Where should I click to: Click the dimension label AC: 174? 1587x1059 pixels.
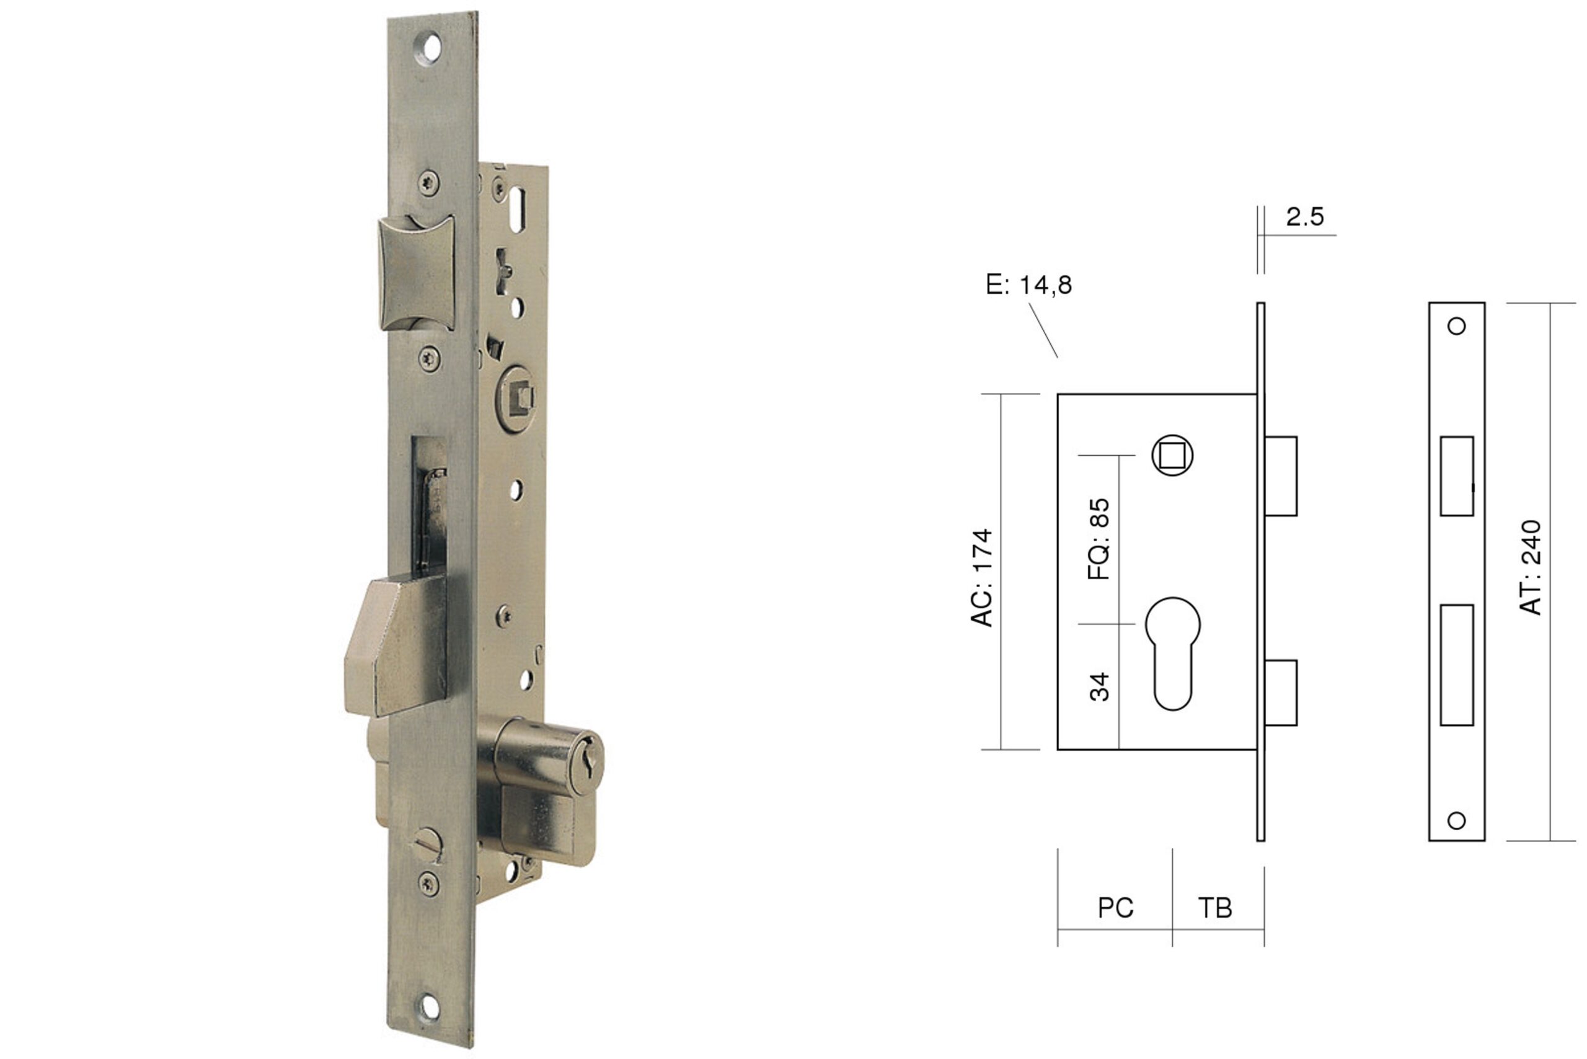click(981, 578)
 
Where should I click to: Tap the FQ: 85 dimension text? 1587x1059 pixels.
click(1099, 539)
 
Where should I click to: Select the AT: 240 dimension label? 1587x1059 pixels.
click(1530, 567)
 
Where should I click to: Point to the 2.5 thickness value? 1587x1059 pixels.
click(1305, 217)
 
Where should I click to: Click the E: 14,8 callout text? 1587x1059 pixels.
click(1028, 285)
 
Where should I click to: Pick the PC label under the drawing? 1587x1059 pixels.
click(1115, 908)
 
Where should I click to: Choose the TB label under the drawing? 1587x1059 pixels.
click(1215, 908)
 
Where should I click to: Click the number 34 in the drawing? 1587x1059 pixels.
click(1099, 687)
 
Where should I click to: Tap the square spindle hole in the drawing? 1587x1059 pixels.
click(1172, 455)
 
